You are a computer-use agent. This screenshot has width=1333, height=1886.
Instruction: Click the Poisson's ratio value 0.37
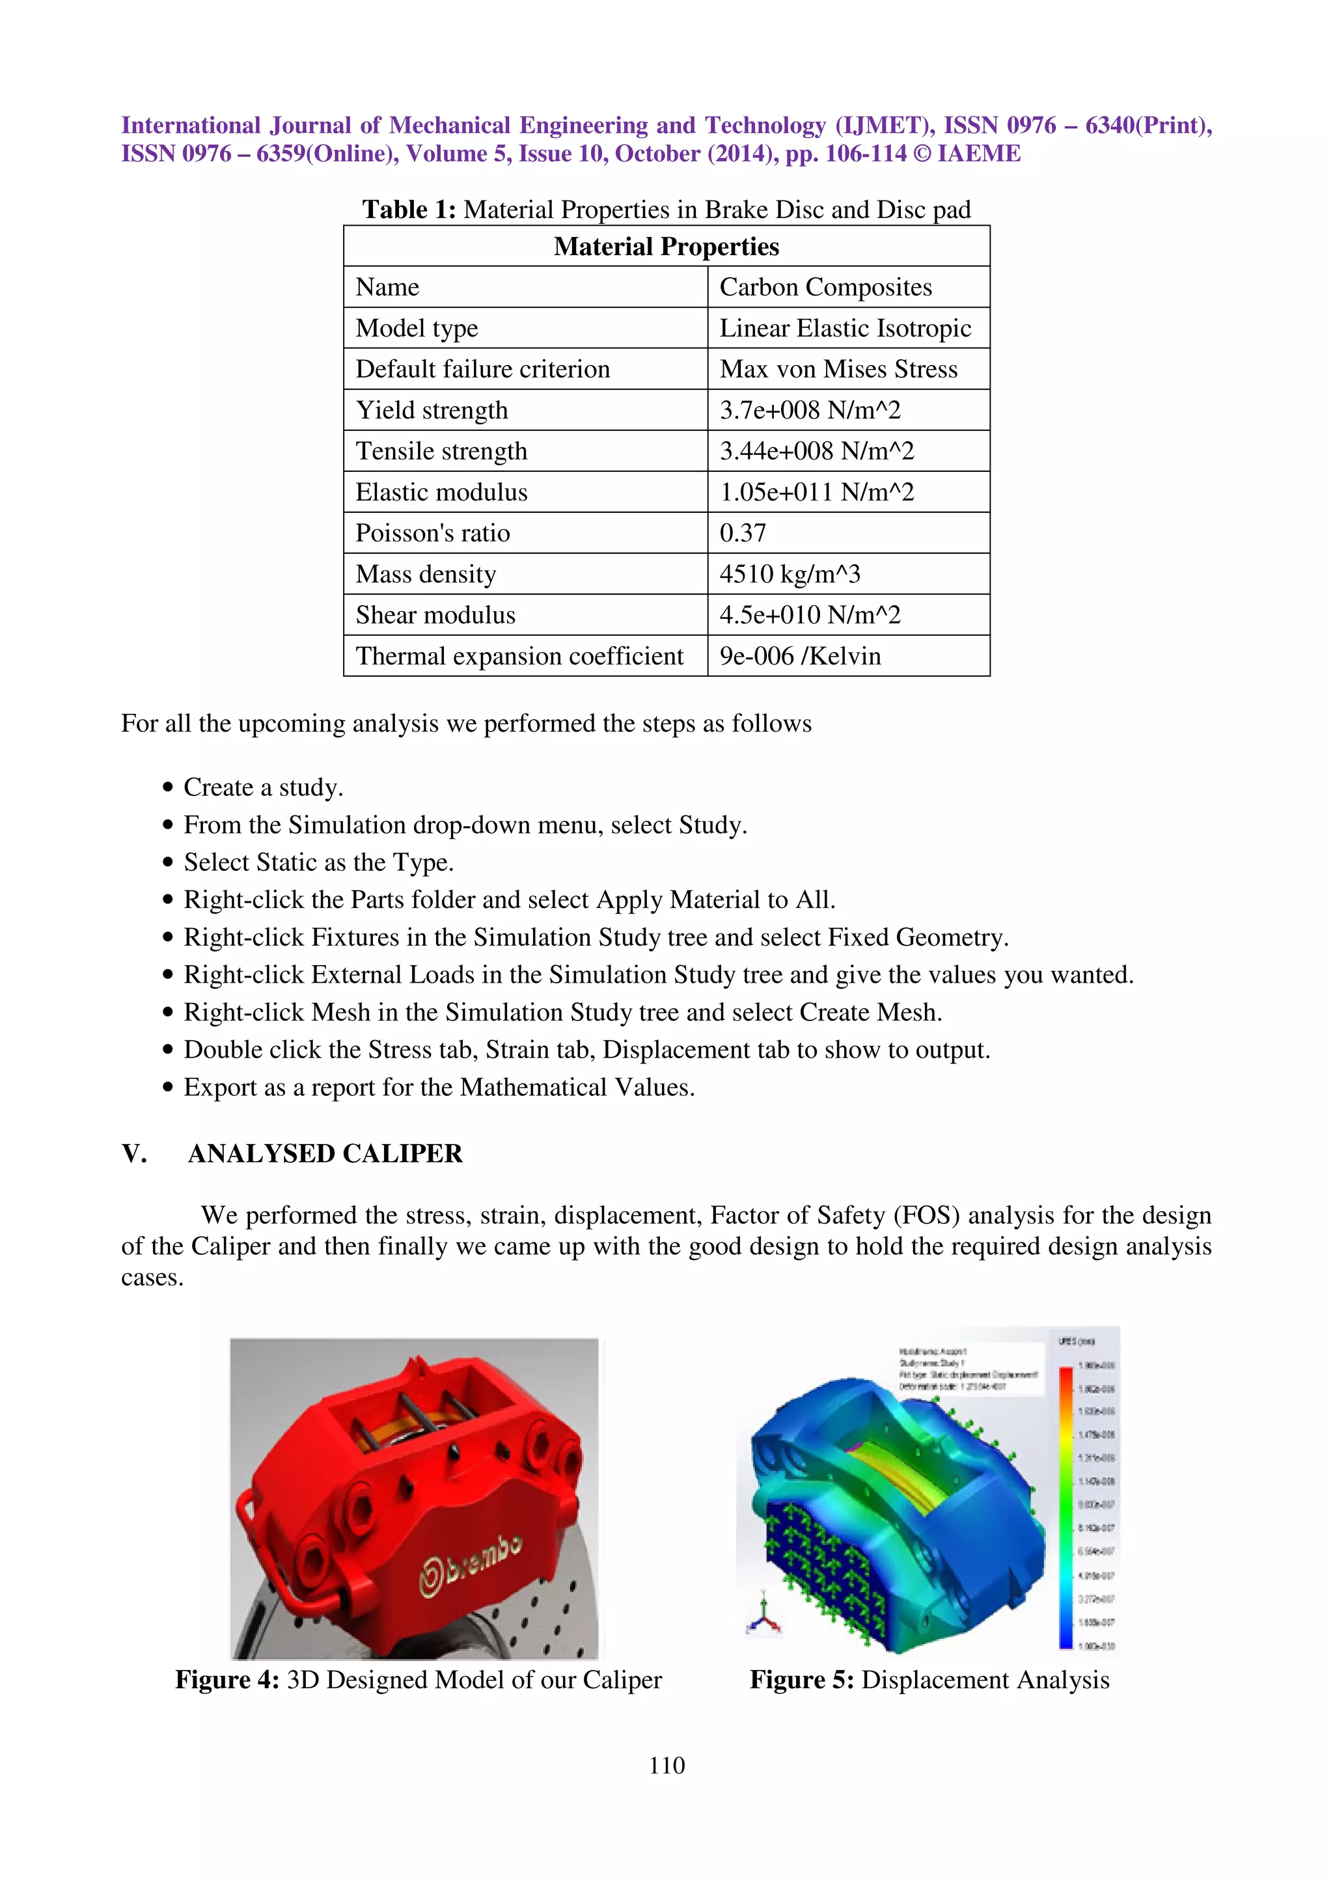coord(743,533)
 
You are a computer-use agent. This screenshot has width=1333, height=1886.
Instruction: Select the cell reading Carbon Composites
coord(825,288)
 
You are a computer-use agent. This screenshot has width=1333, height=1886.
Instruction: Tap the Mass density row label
coord(426,574)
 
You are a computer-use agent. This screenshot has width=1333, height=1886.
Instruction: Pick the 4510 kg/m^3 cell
coord(790,574)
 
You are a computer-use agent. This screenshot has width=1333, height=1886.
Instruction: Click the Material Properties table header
coord(666,247)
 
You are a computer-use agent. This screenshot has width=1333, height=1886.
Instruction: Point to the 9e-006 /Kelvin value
coord(800,656)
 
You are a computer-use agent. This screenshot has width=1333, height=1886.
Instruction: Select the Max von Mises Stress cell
coord(838,370)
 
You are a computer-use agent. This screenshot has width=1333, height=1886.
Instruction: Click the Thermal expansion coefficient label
coord(519,656)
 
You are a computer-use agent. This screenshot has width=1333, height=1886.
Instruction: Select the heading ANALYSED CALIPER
coord(325,1154)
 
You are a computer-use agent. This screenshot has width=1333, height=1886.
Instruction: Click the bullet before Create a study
coord(167,787)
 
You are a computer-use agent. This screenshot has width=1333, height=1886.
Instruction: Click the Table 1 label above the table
coord(408,210)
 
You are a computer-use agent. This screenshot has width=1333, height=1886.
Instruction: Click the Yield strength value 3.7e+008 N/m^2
coord(810,411)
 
